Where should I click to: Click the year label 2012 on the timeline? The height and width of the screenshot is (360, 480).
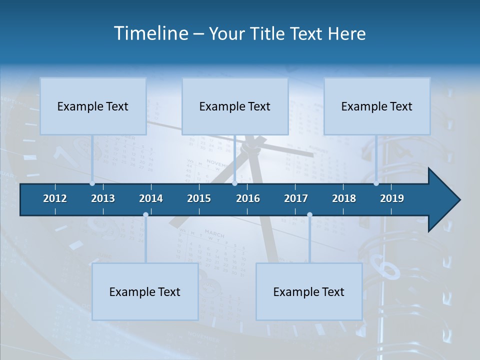click(55, 198)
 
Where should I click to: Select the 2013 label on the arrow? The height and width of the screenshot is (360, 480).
click(103, 198)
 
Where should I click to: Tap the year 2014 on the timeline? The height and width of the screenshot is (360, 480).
click(151, 198)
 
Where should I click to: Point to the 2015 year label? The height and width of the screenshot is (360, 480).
click(199, 198)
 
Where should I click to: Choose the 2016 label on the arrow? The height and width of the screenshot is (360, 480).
click(248, 198)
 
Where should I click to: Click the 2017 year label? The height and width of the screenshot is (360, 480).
click(296, 198)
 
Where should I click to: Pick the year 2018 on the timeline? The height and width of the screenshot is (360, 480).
click(344, 198)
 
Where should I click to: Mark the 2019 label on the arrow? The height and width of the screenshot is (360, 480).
click(392, 198)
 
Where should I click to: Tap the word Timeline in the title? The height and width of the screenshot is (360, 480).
click(150, 33)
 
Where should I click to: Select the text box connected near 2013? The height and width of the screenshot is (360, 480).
click(93, 106)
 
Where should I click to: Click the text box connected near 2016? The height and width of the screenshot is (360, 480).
click(235, 106)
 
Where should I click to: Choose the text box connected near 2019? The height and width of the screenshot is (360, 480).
click(377, 106)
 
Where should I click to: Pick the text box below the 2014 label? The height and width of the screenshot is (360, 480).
click(145, 291)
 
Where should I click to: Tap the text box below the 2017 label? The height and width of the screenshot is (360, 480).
click(309, 291)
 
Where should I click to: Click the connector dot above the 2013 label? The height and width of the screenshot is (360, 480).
click(92, 183)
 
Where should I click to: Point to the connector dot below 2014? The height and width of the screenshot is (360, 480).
click(145, 214)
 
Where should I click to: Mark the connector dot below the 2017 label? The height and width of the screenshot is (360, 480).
click(309, 214)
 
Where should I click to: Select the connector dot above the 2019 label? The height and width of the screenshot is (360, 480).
click(376, 183)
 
